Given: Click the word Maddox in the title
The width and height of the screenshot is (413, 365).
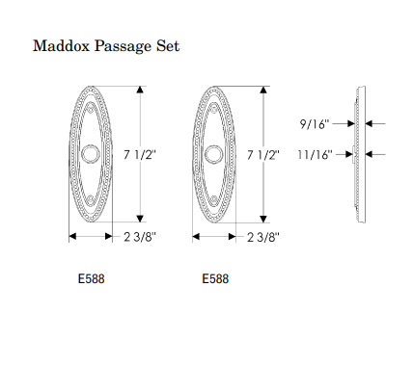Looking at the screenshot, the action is tap(61, 45).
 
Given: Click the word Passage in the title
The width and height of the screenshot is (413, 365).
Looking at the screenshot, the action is tap(123, 47).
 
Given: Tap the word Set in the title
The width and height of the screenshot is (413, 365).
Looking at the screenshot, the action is tap(168, 45).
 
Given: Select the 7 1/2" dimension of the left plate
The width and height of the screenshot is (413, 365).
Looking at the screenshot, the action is tap(140, 155).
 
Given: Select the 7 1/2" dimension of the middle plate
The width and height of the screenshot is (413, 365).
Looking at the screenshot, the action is tap(263, 155).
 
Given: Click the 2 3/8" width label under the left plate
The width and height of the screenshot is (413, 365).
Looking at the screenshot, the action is tap(140, 237).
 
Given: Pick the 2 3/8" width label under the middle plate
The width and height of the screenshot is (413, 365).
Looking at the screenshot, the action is tap(263, 237).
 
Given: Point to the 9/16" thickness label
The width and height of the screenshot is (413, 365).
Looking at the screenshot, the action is tap(315, 124).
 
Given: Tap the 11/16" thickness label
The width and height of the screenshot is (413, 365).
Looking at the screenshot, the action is tap(315, 155).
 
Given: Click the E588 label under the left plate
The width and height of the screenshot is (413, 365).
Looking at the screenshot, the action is tap(92, 278).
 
